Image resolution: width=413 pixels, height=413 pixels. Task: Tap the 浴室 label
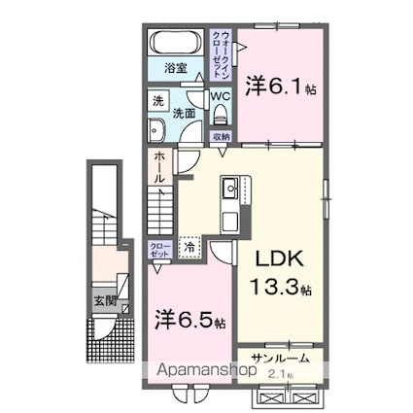175,69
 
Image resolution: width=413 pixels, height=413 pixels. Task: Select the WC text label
220,96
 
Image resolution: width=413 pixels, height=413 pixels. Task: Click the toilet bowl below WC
220,115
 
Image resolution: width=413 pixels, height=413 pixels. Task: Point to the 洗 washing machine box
157,100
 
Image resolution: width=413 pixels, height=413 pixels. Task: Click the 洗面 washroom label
183,113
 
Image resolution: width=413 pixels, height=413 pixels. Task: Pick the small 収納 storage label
222,137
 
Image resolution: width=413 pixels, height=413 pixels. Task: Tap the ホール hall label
158,171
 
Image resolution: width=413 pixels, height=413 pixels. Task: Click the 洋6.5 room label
190,318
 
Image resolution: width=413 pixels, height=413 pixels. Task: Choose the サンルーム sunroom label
280,358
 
